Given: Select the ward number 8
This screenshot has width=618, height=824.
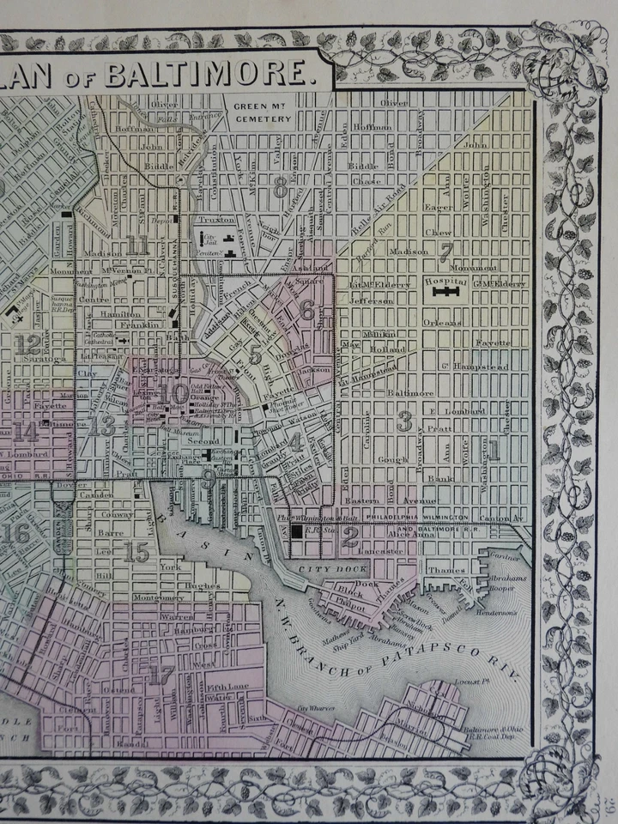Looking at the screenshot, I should (x=280, y=191).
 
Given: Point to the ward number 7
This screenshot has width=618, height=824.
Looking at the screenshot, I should (x=445, y=252).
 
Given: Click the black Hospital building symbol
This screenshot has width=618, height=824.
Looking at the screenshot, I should (x=445, y=292).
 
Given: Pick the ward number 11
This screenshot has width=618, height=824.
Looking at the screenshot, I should (x=137, y=245).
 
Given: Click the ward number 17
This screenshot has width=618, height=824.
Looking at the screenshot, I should (x=161, y=676).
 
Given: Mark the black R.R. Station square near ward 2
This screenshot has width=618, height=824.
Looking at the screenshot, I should (x=297, y=532).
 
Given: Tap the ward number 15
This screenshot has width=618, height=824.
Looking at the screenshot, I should (x=136, y=554).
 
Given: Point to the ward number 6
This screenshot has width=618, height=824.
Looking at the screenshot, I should (x=306, y=312).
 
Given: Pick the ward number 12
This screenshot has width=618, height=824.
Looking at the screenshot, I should (x=27, y=344).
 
